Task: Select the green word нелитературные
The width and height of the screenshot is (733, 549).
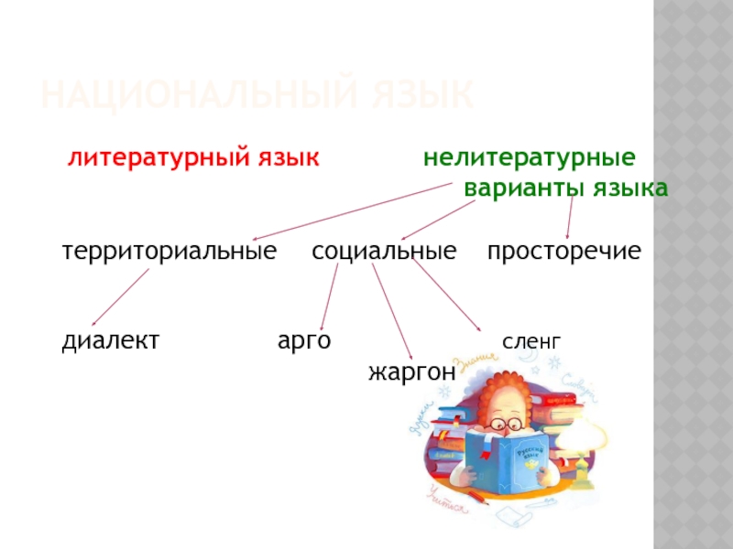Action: [529, 157]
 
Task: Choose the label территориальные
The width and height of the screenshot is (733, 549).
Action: [169, 250]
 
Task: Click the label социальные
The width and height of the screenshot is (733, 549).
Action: [383, 250]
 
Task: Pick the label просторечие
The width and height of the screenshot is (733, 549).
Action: [563, 250]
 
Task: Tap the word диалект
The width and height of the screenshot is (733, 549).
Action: [110, 340]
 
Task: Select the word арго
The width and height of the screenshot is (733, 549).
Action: [304, 340]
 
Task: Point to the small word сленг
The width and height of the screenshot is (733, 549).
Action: [531, 342]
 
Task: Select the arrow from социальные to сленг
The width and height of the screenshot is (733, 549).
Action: [446, 295]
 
